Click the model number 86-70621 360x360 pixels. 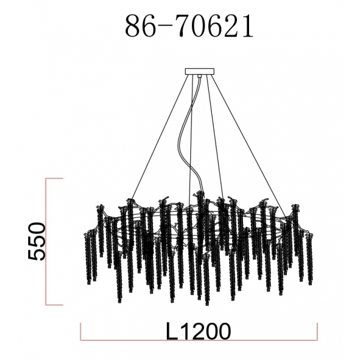pyautogui.click(x=189, y=26)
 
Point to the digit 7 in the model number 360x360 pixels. pyautogui.click(x=186, y=26)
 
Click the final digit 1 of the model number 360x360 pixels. pyautogui.click(x=248, y=26)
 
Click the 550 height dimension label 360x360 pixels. pyautogui.click(x=37, y=241)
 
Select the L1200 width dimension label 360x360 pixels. pyautogui.click(x=198, y=331)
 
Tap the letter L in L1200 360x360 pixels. pyautogui.click(x=172, y=331)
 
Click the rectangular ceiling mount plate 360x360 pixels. pyautogui.click(x=200, y=71)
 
